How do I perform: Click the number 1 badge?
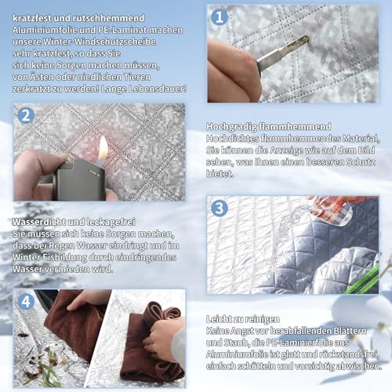(220, 17)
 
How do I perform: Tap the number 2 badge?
(26, 115)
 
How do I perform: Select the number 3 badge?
(220, 208)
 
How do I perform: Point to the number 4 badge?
(26, 302)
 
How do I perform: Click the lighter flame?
(103, 151)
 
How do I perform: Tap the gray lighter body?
(79, 181)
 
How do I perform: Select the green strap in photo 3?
(363, 280)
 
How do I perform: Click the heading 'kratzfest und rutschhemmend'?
(78, 18)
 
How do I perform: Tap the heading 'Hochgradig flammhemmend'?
(269, 127)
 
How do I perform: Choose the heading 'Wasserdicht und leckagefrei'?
(74, 222)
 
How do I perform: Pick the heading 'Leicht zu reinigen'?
(243, 319)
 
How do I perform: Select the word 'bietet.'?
(220, 174)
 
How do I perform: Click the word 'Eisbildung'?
(65, 258)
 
